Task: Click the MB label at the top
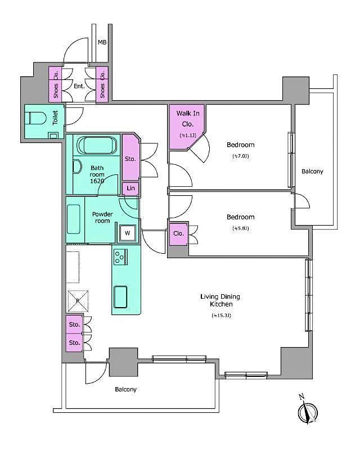coord(102,42)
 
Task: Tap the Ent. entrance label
coord(79,86)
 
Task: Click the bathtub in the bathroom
coord(96,145)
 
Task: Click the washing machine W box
coord(127,232)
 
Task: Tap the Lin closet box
coord(130,188)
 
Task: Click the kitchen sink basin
coord(121,296)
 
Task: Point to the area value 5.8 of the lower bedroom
coord(240,228)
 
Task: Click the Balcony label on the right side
coord(312,171)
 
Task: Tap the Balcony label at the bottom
coord(125,389)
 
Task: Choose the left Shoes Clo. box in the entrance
coord(55,84)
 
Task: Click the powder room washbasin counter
coord(75,219)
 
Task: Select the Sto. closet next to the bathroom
coord(130,159)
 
